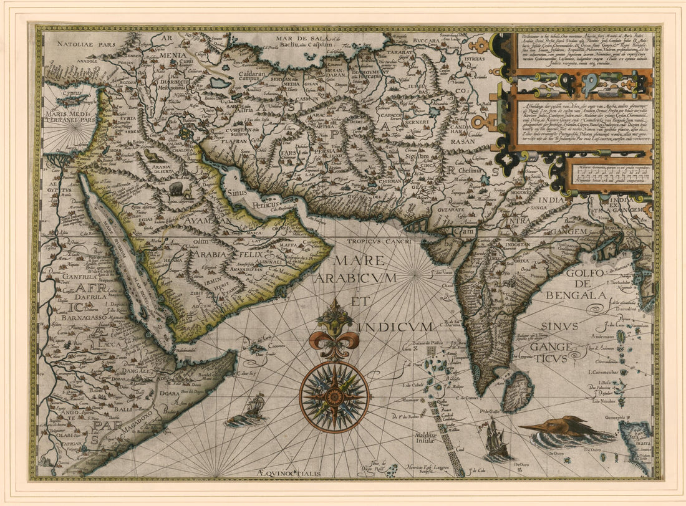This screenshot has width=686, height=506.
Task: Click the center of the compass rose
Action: click(x=334, y=397)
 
